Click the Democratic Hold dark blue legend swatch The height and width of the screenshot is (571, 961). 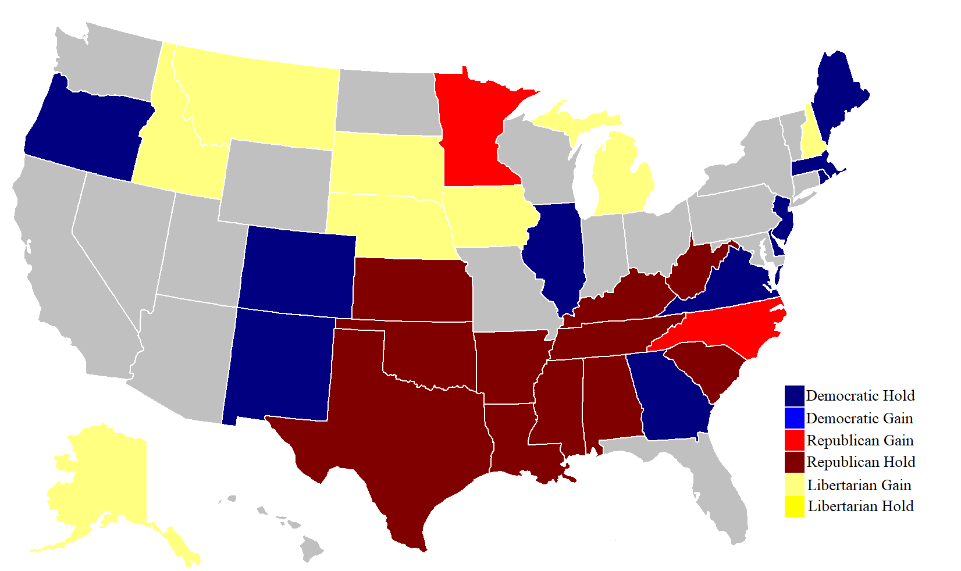click(x=794, y=396)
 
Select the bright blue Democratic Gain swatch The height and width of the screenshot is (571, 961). click(x=794, y=418)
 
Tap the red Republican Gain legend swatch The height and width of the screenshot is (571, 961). click(x=794, y=440)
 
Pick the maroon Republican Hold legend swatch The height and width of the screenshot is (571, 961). click(x=794, y=462)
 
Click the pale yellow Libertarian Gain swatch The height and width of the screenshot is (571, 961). click(x=794, y=484)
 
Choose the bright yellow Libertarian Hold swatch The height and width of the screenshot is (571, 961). click(x=794, y=506)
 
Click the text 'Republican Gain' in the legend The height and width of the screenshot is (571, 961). click(x=860, y=441)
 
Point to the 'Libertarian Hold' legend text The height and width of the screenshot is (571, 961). click(x=860, y=506)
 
